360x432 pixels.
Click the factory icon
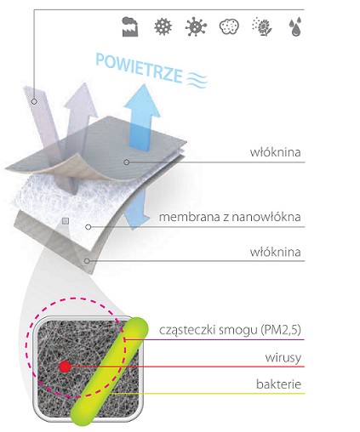click(130, 26)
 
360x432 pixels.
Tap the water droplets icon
click(295, 28)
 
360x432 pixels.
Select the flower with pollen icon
click(262, 27)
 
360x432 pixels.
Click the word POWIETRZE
click(139, 68)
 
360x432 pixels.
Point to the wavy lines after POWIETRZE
click(197, 79)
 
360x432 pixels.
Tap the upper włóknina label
click(275, 152)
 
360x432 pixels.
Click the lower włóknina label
click(275, 252)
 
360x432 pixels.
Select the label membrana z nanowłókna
click(230, 217)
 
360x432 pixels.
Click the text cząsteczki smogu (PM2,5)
click(230, 330)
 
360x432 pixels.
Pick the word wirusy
click(283, 358)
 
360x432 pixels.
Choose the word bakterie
click(278, 384)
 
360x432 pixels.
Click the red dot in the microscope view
click(65, 367)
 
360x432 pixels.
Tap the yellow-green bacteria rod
click(109, 372)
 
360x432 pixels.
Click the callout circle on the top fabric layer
click(127, 162)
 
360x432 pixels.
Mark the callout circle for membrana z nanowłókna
click(89, 227)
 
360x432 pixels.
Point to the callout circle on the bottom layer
click(87, 261)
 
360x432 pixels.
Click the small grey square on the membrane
click(66, 221)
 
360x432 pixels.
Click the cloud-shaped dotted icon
click(229, 27)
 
